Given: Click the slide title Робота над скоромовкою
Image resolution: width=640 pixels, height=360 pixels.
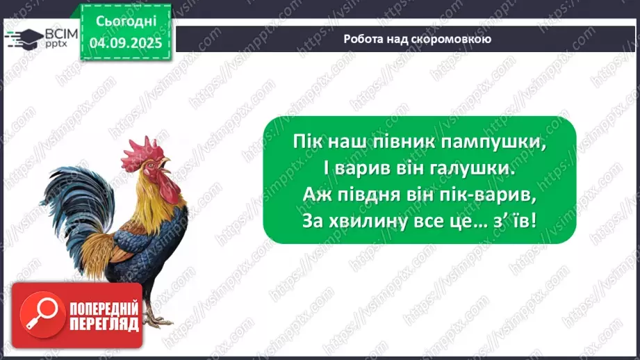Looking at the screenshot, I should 417,39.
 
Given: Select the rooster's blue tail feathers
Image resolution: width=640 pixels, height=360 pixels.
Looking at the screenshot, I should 69,208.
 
